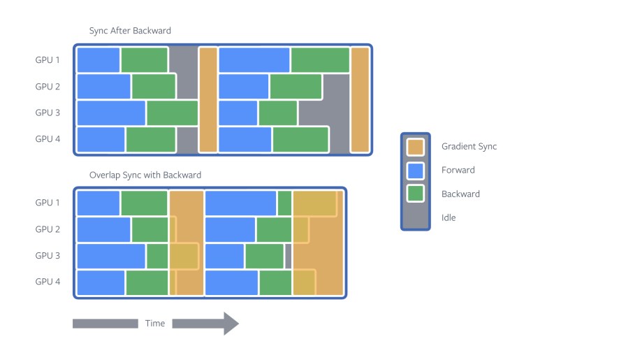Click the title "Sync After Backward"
130,31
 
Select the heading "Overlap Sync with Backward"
145,175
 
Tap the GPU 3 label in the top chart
48,113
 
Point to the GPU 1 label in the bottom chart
48,203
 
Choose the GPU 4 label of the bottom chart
48,282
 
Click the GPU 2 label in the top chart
48,87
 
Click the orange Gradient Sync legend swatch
416,147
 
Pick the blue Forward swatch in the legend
416,171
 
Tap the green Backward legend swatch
416,194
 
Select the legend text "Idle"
448,217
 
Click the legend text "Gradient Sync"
469,147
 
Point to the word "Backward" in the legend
460,194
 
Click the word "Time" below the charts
155,323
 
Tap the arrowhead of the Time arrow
231,324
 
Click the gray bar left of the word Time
106,324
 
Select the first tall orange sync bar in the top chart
208,100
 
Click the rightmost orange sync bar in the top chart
360,100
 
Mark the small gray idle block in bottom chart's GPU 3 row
288,256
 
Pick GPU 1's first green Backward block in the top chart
145,59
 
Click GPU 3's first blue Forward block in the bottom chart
111,256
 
